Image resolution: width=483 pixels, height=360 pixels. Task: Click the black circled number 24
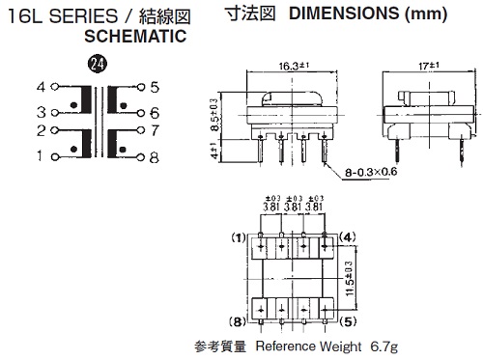click(x=98, y=64)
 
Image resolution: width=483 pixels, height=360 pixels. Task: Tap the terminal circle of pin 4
click(x=55, y=87)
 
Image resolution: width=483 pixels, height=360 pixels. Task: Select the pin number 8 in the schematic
click(x=155, y=157)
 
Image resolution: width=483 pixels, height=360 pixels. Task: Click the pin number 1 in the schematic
click(x=40, y=156)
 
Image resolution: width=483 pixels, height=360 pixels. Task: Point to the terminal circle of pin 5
click(x=141, y=87)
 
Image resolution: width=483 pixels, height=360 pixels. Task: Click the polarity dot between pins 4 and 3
click(x=73, y=105)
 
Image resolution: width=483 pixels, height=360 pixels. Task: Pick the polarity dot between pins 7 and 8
click(x=123, y=150)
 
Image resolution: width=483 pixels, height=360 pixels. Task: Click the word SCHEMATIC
click(x=135, y=36)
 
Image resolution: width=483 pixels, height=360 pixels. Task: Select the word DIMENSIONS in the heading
click(x=344, y=14)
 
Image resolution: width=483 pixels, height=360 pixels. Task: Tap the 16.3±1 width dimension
click(x=294, y=66)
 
